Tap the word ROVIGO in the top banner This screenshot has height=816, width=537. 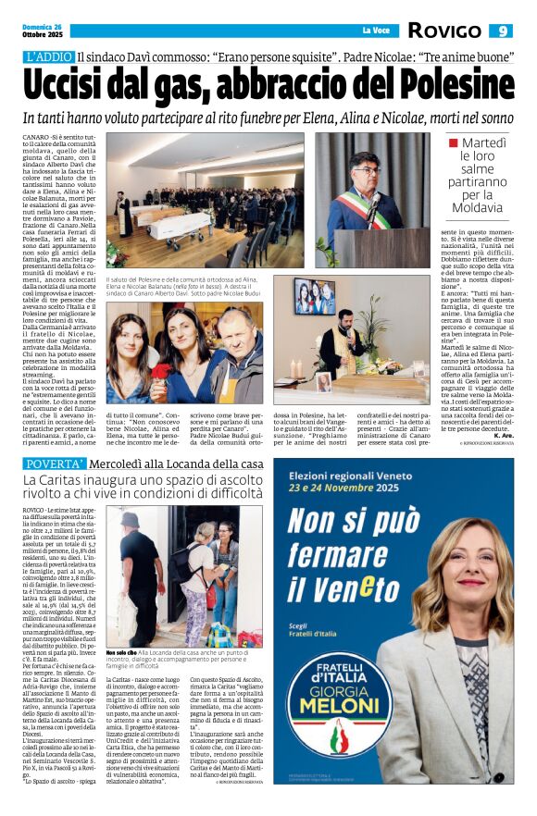pos(443,31)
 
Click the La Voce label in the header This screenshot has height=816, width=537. pos(375,31)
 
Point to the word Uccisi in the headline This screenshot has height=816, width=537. pos(74,87)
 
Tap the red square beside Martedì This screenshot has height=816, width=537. pos(453,143)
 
